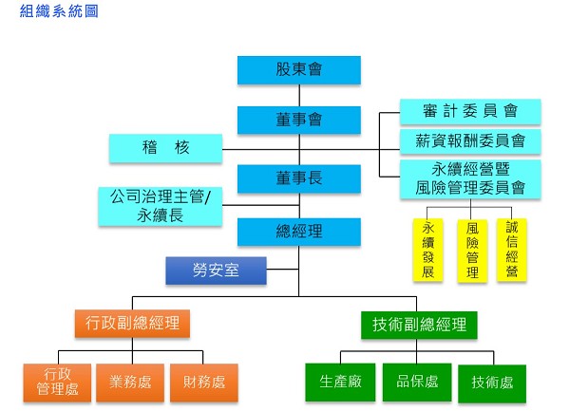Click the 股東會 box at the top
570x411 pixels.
[299, 70]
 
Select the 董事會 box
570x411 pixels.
[299, 120]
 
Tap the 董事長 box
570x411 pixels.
[299, 178]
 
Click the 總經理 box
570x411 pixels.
[299, 232]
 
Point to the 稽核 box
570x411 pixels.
[165, 148]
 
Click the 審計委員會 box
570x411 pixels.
[470, 111]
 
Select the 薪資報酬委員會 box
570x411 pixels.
[470, 141]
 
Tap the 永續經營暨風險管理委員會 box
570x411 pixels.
[470, 178]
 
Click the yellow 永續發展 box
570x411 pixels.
[428, 250]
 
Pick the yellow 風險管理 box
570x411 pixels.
[471, 250]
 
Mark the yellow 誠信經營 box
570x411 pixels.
[512, 250]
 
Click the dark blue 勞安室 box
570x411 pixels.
[216, 271]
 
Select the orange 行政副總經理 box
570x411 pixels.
[132, 325]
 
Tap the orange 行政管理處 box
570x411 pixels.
[56, 383]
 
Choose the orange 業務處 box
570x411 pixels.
[128, 383]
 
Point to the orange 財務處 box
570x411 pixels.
[203, 383]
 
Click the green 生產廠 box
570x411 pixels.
[339, 383]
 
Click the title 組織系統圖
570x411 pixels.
[58, 12]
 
